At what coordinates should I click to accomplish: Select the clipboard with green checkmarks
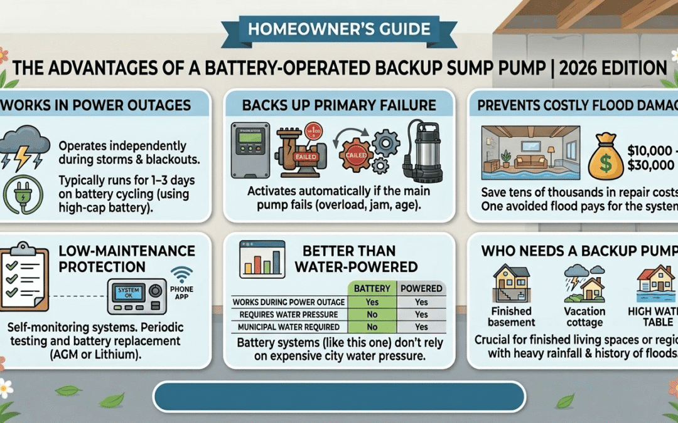click(24, 279)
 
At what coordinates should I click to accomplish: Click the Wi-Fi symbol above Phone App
click(181, 274)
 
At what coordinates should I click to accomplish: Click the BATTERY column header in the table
click(372, 288)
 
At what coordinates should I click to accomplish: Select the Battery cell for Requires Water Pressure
click(372, 314)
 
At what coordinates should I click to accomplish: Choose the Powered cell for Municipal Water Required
click(421, 326)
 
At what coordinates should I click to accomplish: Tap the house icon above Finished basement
click(512, 283)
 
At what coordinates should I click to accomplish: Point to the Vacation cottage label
click(584, 317)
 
